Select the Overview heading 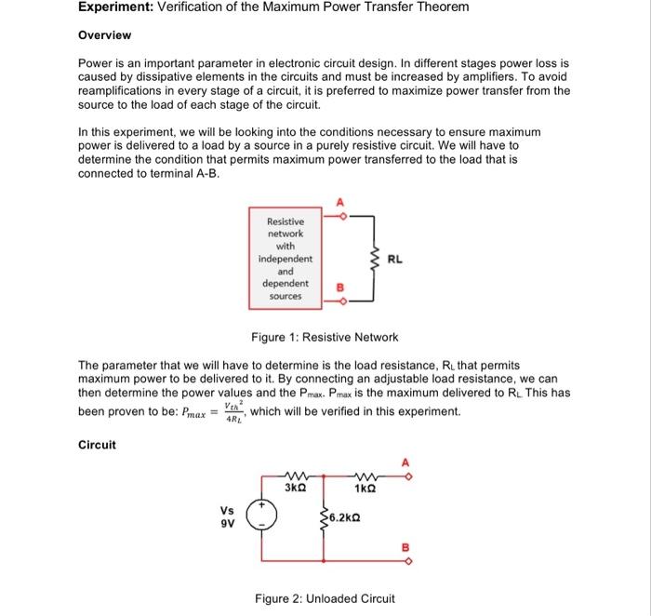point(104,35)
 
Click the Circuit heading point(97,445)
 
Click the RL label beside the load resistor point(396,261)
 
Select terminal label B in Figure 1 point(339,288)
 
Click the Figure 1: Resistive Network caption point(325,337)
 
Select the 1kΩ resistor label point(364,488)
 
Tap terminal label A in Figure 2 point(404,462)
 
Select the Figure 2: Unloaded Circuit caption point(325,598)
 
